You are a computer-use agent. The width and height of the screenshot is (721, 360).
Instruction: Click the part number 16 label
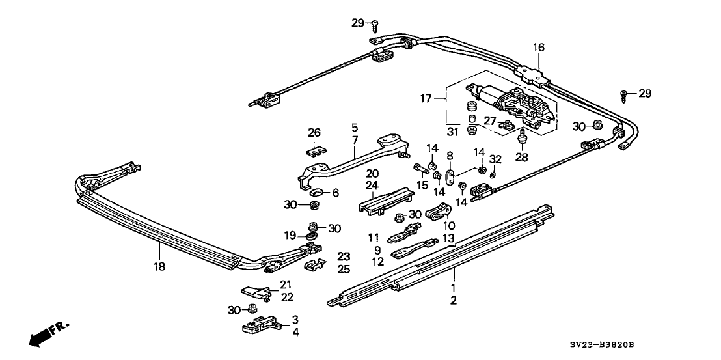pyautogui.click(x=537, y=47)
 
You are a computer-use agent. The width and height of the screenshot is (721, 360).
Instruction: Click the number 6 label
pyautogui.click(x=336, y=193)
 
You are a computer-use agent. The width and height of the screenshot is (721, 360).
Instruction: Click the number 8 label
pyautogui.click(x=450, y=156)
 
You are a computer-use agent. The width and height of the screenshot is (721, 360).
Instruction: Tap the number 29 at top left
pyautogui.click(x=357, y=23)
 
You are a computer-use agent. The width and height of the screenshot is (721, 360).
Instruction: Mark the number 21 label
pyautogui.click(x=286, y=284)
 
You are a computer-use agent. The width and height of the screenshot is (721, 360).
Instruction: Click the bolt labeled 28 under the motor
pyautogui.click(x=522, y=137)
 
